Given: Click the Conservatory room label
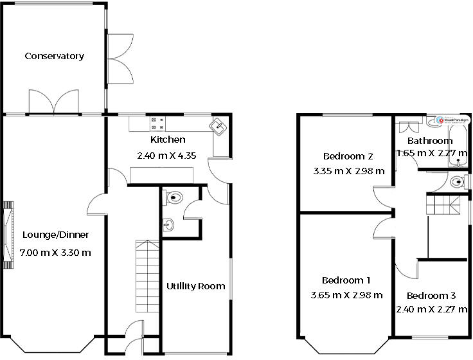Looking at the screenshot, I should [x=54, y=56].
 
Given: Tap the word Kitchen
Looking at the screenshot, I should [x=168, y=139].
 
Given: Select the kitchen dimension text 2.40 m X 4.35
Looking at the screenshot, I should [x=166, y=155].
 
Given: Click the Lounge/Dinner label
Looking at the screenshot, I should [x=55, y=235].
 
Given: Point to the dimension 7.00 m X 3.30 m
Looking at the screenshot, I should [x=55, y=252].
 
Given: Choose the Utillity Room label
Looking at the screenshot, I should [x=195, y=285].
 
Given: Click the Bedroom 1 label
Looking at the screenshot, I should [x=346, y=280].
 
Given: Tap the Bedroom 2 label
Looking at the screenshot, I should [x=348, y=156].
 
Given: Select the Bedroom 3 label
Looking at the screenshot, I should [x=431, y=296].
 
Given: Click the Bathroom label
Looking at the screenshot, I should [x=430, y=141].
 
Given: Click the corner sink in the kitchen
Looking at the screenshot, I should [x=219, y=126].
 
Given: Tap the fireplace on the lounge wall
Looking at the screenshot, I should [x=8, y=234].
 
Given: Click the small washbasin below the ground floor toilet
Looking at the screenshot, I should [x=168, y=224].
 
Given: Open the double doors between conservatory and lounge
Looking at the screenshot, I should [x=55, y=102].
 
